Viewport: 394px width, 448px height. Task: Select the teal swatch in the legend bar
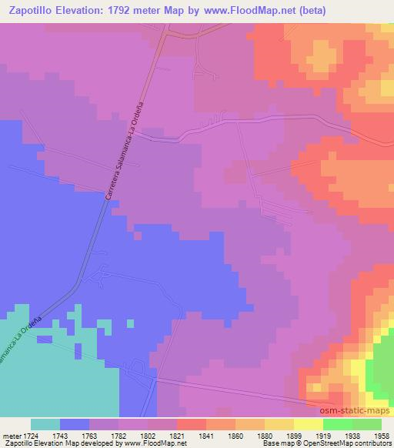[x=45, y=424]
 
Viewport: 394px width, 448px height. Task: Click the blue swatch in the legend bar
[x=75, y=424]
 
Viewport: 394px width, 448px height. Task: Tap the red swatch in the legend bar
[x=192, y=424]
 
